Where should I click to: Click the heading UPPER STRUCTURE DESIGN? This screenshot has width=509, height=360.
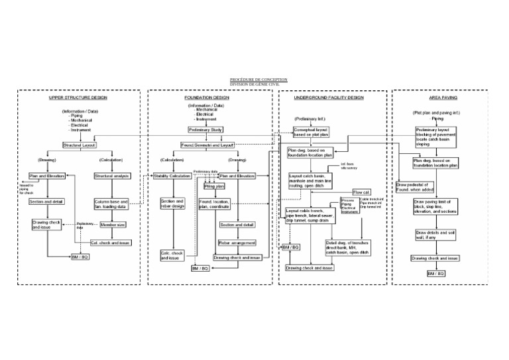click(x=78, y=97)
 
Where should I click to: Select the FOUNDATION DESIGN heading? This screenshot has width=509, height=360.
click(x=207, y=97)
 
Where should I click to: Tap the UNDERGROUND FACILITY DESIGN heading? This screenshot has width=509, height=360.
click(x=328, y=97)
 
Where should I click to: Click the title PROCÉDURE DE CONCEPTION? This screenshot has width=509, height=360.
click(x=254, y=80)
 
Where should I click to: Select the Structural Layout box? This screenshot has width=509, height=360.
click(x=80, y=145)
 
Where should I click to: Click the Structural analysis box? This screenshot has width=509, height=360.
click(x=112, y=176)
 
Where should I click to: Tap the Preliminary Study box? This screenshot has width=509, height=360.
click(x=206, y=130)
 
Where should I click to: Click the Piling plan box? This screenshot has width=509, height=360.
click(x=211, y=186)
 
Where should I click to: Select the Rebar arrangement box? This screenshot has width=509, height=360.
click(x=237, y=243)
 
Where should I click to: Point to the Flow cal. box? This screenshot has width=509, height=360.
click(x=362, y=192)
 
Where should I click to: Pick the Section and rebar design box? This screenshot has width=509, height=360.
click(x=172, y=204)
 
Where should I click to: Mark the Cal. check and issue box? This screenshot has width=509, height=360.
click(x=110, y=243)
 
